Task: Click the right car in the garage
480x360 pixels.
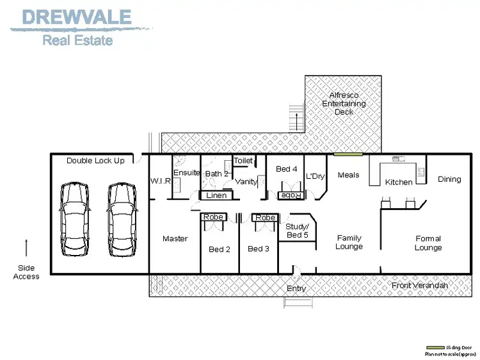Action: (122, 218)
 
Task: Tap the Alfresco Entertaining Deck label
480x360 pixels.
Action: (344, 104)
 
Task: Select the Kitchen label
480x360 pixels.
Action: (399, 182)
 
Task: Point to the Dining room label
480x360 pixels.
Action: (449, 179)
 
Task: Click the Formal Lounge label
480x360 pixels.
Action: (428, 243)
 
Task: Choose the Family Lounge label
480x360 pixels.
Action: (349, 242)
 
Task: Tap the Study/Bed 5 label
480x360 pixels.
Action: (297, 231)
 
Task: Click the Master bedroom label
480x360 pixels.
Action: (175, 239)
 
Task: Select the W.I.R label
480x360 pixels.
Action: (160, 181)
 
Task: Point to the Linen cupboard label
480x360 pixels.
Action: (216, 195)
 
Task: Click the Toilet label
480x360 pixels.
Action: (243, 161)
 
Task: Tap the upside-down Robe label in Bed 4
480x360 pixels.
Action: (291, 195)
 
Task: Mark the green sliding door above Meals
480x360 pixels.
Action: (348, 154)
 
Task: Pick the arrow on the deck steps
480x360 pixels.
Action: (297, 120)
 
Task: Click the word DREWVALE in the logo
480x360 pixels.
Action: (77, 17)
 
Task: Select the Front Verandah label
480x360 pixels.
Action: (419, 286)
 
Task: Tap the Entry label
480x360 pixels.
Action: (296, 289)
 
